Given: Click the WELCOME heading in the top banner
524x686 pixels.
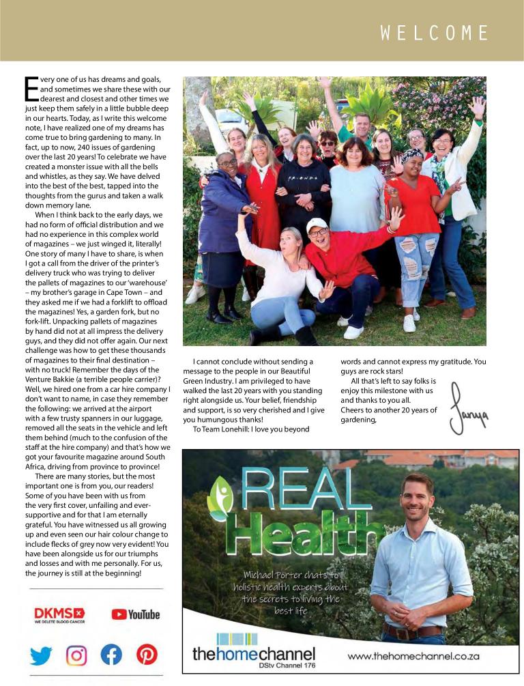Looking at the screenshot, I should [x=435, y=33].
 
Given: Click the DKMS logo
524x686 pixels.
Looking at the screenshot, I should [x=59, y=614].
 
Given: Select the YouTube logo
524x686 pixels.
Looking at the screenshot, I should [x=135, y=614].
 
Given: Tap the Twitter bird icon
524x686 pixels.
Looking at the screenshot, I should [x=41, y=655].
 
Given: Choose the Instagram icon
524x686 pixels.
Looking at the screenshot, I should [x=76, y=655].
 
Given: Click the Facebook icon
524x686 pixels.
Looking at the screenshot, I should [x=111, y=655].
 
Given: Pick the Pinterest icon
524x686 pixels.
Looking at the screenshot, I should [x=147, y=655].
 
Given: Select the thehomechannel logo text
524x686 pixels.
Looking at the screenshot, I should [x=254, y=653].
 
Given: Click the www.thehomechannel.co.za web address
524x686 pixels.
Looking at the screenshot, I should [x=413, y=657].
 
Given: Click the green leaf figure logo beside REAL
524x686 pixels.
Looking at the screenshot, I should [x=220, y=498].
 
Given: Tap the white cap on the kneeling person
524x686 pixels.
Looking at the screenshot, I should [x=316, y=224].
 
